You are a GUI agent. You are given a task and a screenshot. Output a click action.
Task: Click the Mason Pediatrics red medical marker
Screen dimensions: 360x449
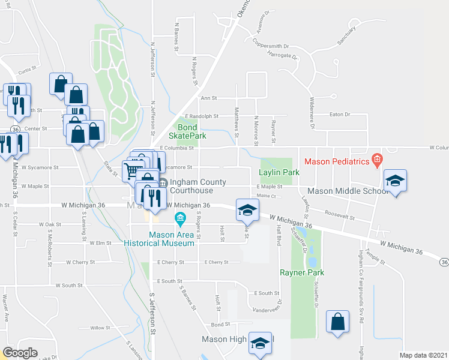pyautogui.click(x=376, y=160)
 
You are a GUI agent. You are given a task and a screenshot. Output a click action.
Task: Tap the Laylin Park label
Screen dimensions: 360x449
pyautogui.click(x=279, y=172)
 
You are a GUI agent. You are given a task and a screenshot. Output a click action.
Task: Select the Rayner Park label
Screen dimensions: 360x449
pyautogui.click(x=302, y=272)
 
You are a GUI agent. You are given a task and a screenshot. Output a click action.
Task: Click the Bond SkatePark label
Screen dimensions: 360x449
pyautogui.click(x=191, y=131)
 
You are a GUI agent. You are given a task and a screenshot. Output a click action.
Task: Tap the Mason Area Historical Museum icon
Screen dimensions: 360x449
pyautogui.click(x=178, y=220)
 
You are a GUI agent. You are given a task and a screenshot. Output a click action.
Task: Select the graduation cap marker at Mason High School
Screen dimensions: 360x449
pyautogui.click(x=260, y=343)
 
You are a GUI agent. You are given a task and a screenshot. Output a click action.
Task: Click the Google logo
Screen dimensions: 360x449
pyautogui.click(x=20, y=352)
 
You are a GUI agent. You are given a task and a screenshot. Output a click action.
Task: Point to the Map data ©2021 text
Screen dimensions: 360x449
pyautogui.click(x=424, y=355)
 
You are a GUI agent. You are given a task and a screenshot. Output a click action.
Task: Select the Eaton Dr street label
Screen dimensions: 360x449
pyautogui.click(x=340, y=114)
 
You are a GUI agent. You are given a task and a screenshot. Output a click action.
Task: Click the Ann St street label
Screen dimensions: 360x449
pyautogui.click(x=208, y=98)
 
